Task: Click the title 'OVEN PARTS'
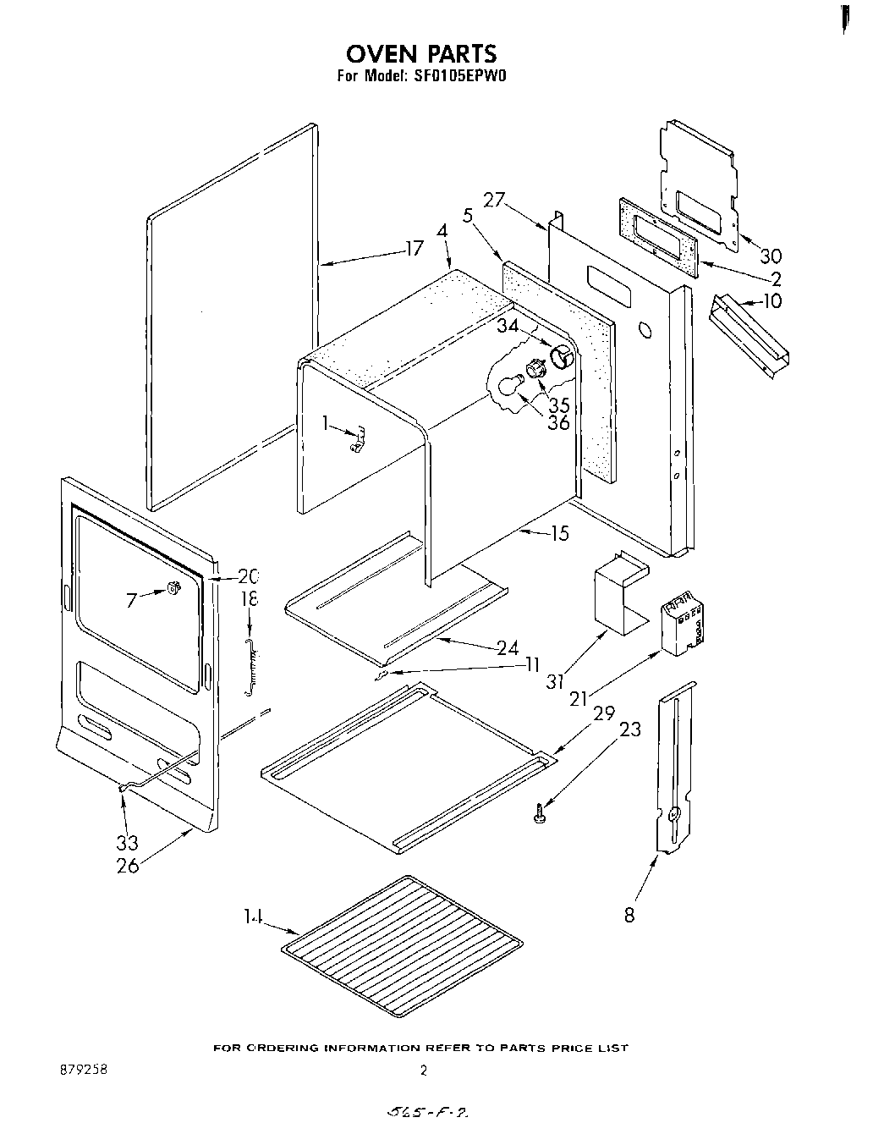pyautogui.click(x=420, y=53)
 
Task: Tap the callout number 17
pyautogui.click(x=414, y=250)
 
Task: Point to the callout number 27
pyautogui.click(x=494, y=201)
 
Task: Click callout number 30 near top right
pyautogui.click(x=770, y=256)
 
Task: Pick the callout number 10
pyautogui.click(x=771, y=300)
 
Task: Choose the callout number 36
pyautogui.click(x=558, y=422)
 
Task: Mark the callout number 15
pyautogui.click(x=558, y=534)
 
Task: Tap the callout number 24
pyautogui.click(x=508, y=648)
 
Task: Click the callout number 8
pyautogui.click(x=629, y=914)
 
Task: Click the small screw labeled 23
pyautogui.click(x=539, y=815)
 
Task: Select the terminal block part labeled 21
pyautogui.click(x=684, y=625)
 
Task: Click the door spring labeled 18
pyautogui.click(x=250, y=668)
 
